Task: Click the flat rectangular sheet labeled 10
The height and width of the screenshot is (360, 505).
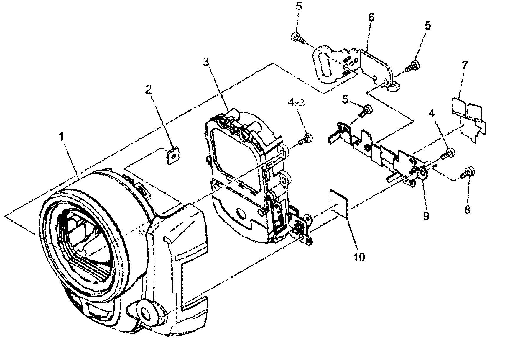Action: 339,203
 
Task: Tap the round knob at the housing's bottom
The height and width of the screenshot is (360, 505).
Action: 146,312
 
